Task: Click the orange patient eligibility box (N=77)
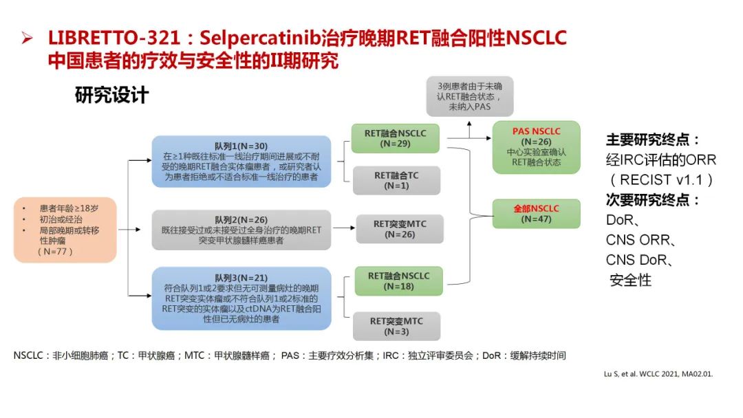pyautogui.click(x=65, y=230)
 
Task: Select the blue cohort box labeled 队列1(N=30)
pyautogui.click(x=241, y=161)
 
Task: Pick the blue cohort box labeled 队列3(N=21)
pyautogui.click(x=241, y=298)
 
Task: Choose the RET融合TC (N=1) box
pyautogui.click(x=396, y=180)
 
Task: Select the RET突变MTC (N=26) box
pyautogui.click(x=400, y=229)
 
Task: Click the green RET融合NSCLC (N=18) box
pyautogui.click(x=398, y=280)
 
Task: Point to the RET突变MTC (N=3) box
pyautogui.click(x=396, y=325)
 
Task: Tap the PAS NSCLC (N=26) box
pyautogui.click(x=537, y=146)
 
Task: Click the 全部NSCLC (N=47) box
pyautogui.click(x=537, y=213)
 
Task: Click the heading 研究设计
pyautogui.click(x=111, y=94)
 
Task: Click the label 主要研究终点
pyautogui.click(x=653, y=140)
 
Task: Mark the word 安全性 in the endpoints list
pyautogui.click(x=630, y=280)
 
